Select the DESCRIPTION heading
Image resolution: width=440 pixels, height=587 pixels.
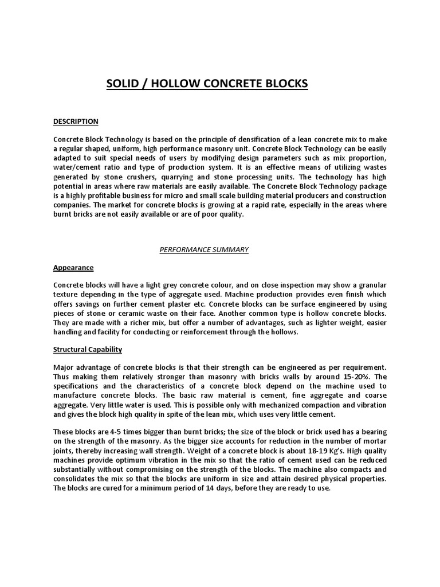[76, 122]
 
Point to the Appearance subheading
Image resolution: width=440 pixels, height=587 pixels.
[73, 268]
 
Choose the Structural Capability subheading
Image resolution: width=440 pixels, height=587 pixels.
[88, 350]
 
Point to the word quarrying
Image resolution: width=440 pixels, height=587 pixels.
[221, 177]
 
